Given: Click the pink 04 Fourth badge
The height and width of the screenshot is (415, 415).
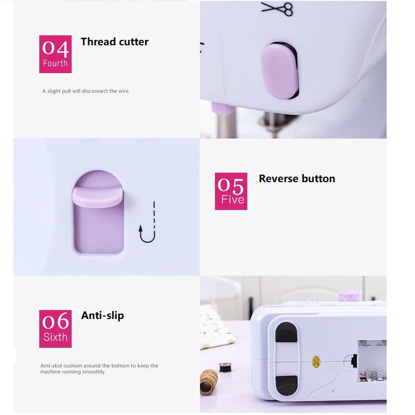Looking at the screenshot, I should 55,54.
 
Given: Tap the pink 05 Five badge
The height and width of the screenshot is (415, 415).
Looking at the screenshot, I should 231,191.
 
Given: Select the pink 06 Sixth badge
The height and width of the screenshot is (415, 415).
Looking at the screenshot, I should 55,328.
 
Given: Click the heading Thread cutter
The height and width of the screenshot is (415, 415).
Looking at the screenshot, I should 114,42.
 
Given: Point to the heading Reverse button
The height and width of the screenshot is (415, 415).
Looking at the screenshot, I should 297,179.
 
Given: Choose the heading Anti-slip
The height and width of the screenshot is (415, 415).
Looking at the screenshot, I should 103,315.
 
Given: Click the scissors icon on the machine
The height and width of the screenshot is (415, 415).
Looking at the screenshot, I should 277,8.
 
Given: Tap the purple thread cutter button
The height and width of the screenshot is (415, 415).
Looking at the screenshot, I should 280,71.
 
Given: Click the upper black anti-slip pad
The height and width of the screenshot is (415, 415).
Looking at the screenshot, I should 286,332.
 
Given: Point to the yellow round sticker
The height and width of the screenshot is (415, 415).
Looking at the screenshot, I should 315,361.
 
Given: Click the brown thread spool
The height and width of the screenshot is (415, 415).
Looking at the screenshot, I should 209,382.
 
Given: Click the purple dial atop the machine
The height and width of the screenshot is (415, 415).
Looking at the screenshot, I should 350,295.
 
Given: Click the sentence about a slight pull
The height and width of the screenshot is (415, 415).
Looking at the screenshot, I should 86,91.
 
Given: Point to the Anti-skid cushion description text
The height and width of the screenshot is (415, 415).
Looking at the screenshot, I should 99,369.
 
